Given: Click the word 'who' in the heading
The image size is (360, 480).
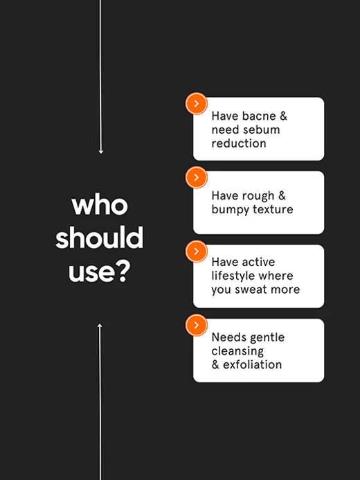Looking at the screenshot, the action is tap(100, 205).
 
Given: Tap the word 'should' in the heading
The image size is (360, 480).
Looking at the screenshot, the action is tap(100, 238).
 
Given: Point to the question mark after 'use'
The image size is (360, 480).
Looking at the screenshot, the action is tap(124, 272).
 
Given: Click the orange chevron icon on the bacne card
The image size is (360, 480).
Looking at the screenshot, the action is tap(197, 103).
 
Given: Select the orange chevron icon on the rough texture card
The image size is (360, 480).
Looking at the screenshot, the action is tap(197, 177).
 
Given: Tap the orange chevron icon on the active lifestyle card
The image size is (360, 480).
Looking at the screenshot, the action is tap(197, 251).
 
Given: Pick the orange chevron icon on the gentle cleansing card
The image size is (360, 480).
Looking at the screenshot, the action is tap(197, 325).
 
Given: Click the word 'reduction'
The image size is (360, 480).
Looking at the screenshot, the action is tap(239, 143).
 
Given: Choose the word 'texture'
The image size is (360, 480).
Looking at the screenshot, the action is tap(273, 209).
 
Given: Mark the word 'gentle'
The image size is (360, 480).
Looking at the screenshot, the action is tap(267, 337).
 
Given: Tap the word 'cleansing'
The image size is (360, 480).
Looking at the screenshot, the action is tap(237, 351).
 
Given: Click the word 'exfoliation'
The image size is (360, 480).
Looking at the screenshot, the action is tap(252, 364).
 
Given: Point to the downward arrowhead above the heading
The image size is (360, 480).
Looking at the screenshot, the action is tap(100, 152).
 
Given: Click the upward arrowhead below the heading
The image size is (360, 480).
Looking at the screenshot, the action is tap(100, 326).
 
